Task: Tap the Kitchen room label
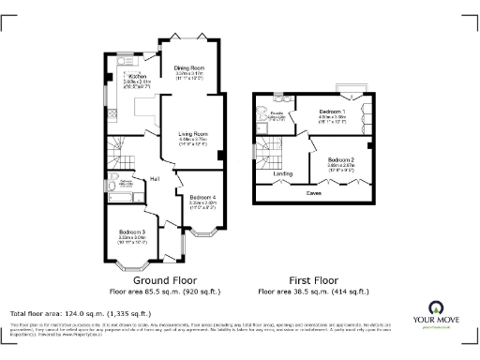click(x=138, y=77)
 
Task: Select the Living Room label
click(x=192, y=135)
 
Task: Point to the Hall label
click(x=153, y=177)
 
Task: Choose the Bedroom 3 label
click(x=130, y=232)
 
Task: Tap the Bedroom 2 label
click(x=340, y=160)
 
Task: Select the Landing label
click(x=282, y=173)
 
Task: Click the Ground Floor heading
click(x=163, y=280)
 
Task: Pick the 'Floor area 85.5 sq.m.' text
click(x=163, y=292)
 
